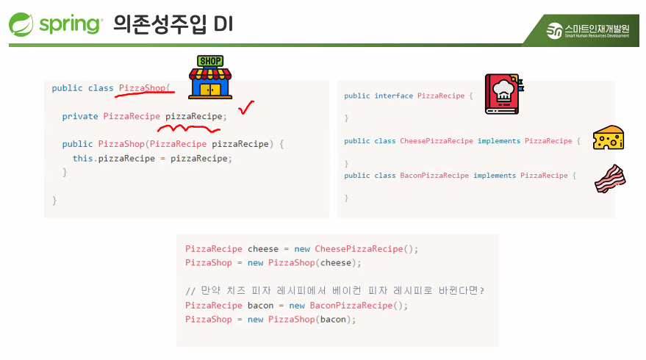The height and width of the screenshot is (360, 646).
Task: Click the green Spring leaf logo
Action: (x=22, y=24)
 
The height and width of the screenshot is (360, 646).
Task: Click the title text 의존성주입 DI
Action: (x=173, y=24)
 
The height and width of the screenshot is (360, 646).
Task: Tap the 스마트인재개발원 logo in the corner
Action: (x=587, y=31)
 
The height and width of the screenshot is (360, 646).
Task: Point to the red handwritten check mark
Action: (x=246, y=109)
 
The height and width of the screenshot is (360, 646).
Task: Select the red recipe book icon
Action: (x=503, y=93)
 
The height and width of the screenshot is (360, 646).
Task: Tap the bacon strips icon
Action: (x=609, y=179)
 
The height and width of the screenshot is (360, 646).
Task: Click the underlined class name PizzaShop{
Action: (x=145, y=88)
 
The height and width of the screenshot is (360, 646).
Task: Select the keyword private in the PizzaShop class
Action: (x=80, y=116)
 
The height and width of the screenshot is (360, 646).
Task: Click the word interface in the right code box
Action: (x=393, y=96)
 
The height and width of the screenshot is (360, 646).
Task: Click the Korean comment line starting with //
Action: (x=335, y=291)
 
